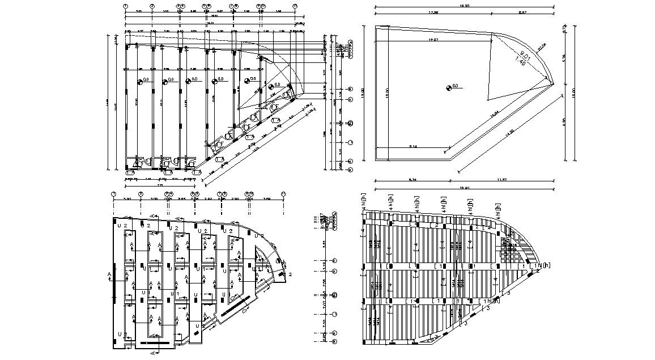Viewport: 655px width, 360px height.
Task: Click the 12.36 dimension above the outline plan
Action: [433, 12]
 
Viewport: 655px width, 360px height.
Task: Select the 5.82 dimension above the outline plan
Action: [522, 12]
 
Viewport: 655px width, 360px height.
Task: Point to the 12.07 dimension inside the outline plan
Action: [434, 40]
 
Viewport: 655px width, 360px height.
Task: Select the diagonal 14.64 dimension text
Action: [495, 114]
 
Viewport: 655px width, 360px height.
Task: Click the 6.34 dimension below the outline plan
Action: [413, 180]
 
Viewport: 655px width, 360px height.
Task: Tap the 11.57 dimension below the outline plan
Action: [501, 180]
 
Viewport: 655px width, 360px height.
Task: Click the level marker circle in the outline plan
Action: [448, 87]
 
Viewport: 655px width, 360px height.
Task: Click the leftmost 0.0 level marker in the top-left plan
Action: [139, 81]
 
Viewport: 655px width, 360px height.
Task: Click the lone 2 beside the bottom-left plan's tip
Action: [290, 274]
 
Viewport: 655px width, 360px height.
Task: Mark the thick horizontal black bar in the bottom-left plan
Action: [154, 343]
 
